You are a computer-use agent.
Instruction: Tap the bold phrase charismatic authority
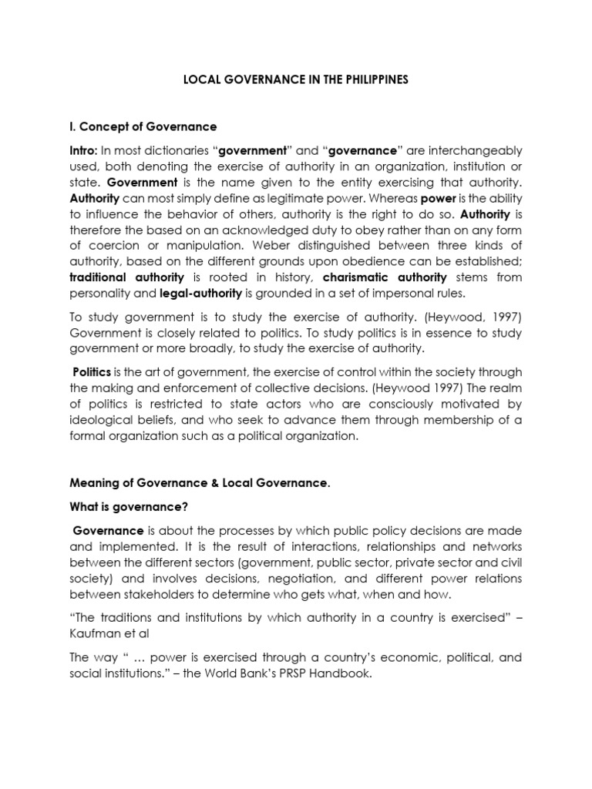coord(385,277)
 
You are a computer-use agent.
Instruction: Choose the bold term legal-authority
coord(200,293)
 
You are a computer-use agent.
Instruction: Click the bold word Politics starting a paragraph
coord(92,372)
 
